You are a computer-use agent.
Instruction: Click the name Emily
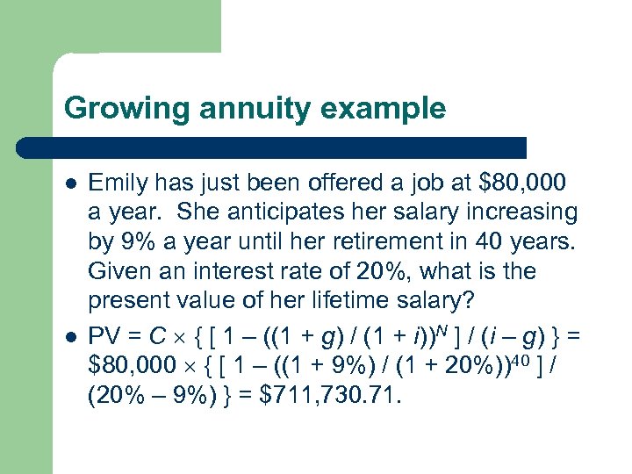118,183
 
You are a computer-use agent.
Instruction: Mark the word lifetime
351,300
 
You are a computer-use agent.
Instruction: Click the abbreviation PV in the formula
104,330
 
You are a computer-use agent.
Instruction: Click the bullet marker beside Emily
70,183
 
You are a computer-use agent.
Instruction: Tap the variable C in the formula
159,330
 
